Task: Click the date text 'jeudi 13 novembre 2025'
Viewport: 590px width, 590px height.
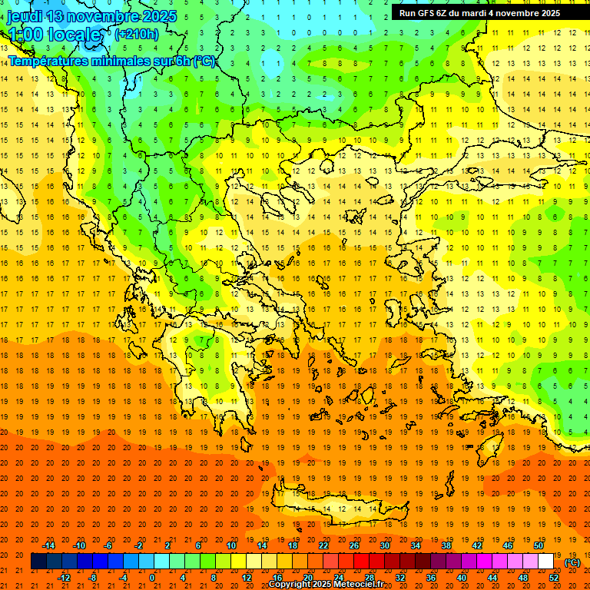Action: [x=92, y=16]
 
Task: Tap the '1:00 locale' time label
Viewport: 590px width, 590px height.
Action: [x=54, y=35]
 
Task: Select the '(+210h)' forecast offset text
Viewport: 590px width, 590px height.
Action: [x=137, y=34]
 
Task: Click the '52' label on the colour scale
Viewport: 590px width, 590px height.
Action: [x=554, y=578]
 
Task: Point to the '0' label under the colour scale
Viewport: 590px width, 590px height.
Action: [x=153, y=578]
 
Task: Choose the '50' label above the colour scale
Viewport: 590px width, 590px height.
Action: [x=539, y=545]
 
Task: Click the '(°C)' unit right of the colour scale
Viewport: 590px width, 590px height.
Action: [x=572, y=562]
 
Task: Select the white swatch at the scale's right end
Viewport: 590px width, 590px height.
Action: [x=546, y=562]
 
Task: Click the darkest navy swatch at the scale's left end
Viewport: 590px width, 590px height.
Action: [x=38, y=562]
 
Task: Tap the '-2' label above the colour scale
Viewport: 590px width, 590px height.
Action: [x=139, y=545]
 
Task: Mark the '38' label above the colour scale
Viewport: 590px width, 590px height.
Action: [x=446, y=545]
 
